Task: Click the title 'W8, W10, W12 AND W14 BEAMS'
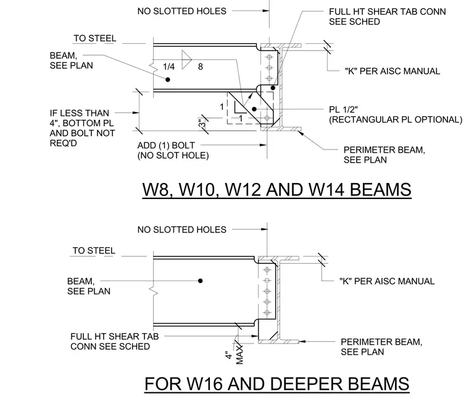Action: pyautogui.click(x=276, y=190)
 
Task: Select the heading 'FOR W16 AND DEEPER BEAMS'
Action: pyautogui.click(x=277, y=384)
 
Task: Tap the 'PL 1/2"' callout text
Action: pyautogui.click(x=343, y=109)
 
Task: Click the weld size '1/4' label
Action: pyautogui.click(x=168, y=67)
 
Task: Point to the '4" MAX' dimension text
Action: pyautogui.click(x=234, y=355)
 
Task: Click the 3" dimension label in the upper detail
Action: pyautogui.click(x=202, y=124)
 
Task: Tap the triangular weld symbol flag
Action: pyautogui.click(x=186, y=59)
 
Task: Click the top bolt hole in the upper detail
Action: pyautogui.click(x=269, y=57)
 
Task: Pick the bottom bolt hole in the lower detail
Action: pyautogui.click(x=267, y=313)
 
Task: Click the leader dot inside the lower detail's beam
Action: pyautogui.click(x=201, y=281)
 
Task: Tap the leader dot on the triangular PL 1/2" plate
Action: pyautogui.click(x=254, y=109)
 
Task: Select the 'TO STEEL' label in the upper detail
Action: pyautogui.click(x=95, y=38)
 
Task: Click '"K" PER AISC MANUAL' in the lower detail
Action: pyautogui.click(x=387, y=281)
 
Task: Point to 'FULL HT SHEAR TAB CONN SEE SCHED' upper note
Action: pyautogui.click(x=388, y=17)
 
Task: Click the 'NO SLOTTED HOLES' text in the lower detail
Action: pyautogui.click(x=182, y=229)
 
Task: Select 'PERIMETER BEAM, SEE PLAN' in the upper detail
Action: pyautogui.click(x=384, y=154)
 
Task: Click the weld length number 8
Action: pyautogui.click(x=201, y=67)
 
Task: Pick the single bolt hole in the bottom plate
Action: pyautogui.click(x=267, y=118)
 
